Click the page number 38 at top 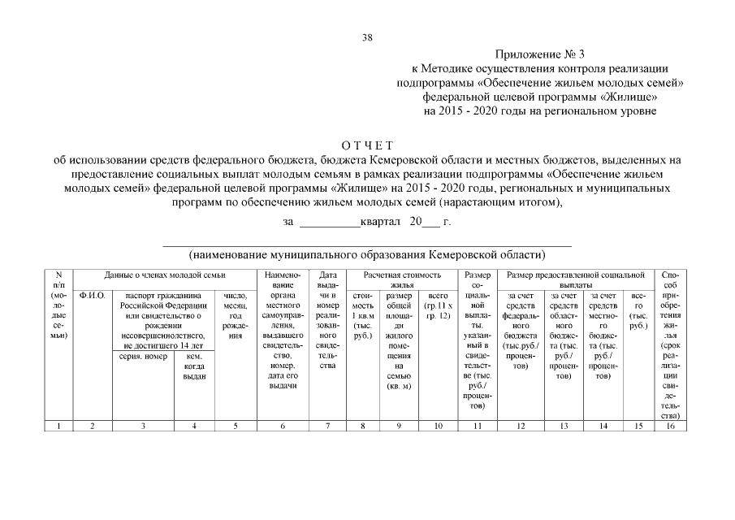[x=367, y=37]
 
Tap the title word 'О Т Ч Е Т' [x=367, y=145]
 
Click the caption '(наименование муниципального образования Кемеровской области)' [x=367, y=253]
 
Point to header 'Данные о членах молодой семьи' [x=165, y=276]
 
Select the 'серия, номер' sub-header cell [x=143, y=356]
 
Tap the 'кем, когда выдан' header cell [x=194, y=366]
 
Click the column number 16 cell [x=671, y=426]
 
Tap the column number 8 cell [x=363, y=426]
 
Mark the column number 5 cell [x=235, y=426]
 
